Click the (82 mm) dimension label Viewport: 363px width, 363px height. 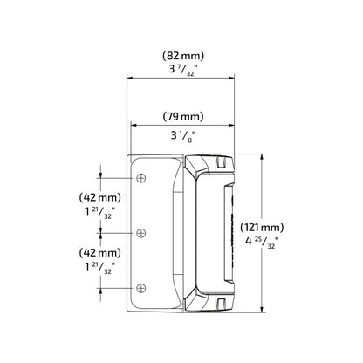coord(183,56)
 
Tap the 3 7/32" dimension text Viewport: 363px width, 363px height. coord(183,70)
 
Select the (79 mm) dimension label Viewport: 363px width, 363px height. coord(183,117)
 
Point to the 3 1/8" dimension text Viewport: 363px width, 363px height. coord(183,136)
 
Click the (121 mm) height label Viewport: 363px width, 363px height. coord(262,227)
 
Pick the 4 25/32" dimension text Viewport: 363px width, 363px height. coord(262,242)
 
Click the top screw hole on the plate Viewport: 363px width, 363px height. coord(141,178)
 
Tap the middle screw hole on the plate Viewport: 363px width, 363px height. coord(141,233)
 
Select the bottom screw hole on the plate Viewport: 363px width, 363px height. coord(141,288)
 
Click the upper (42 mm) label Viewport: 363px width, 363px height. coord(99,198)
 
